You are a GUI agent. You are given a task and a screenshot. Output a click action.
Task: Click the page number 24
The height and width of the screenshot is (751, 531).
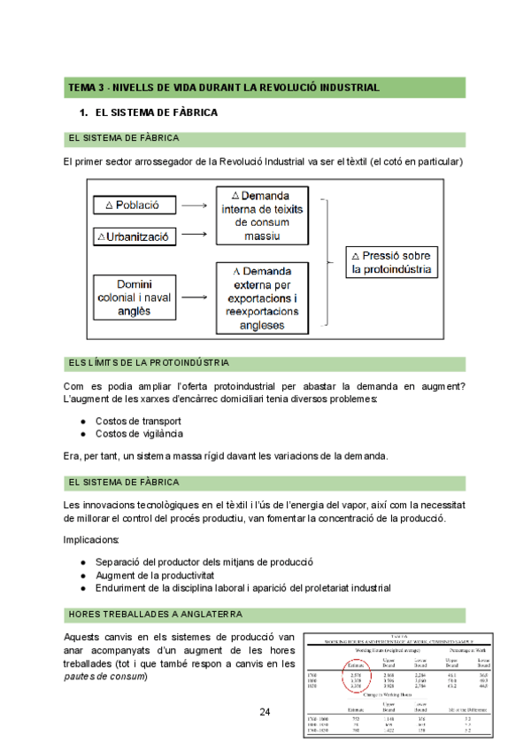[x=265, y=711]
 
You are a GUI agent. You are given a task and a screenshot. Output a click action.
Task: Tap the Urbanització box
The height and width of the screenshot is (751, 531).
[x=136, y=236]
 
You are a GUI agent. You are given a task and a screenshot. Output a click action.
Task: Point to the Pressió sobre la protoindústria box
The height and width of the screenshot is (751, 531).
[x=390, y=261]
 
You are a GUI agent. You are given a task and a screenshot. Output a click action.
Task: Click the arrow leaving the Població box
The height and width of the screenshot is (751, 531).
[x=196, y=205]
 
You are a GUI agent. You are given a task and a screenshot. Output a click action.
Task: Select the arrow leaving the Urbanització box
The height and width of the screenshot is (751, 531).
[x=196, y=236]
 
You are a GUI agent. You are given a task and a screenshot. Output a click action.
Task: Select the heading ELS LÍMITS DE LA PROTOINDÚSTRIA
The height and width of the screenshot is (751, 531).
[x=149, y=362]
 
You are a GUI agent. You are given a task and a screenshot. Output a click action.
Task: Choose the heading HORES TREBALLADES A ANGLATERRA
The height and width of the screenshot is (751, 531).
[x=155, y=614]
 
